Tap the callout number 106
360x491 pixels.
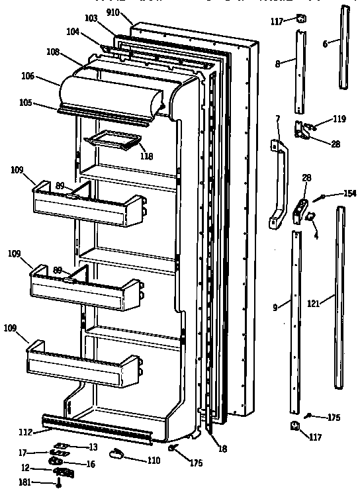point(46,77)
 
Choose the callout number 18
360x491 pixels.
point(222,449)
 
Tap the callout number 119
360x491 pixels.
point(339,120)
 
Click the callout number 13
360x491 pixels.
point(93,447)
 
